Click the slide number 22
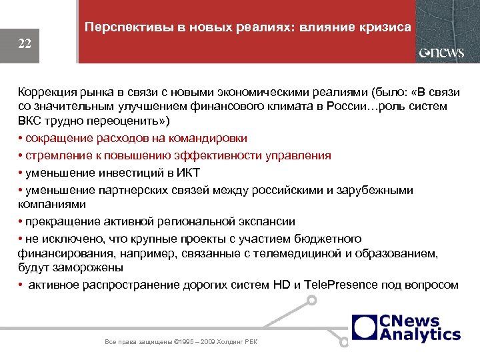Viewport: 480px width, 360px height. tap(25, 44)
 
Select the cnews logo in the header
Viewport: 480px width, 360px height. tap(441, 53)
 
